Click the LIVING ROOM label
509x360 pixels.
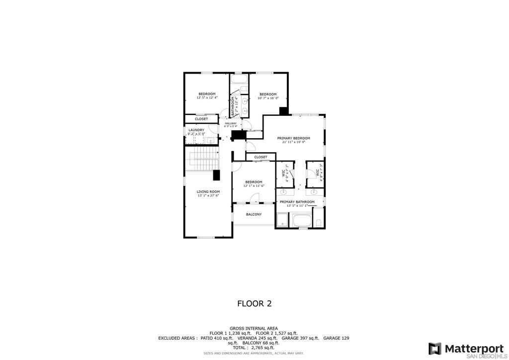click(x=208, y=191)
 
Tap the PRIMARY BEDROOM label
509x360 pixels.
click(x=293, y=138)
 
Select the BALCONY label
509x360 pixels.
click(x=254, y=214)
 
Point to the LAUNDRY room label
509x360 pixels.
click(x=196, y=130)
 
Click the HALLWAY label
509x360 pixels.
click(x=231, y=123)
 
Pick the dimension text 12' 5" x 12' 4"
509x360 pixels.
click(x=207, y=98)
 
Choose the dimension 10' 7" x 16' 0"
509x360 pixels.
click(x=268, y=98)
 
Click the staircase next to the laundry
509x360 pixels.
click(x=202, y=159)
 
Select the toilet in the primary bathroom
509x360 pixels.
click(x=319, y=222)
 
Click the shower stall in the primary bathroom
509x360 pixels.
click(x=282, y=220)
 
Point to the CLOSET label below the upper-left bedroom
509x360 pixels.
click(x=201, y=119)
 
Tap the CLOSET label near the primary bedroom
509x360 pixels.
click(x=260, y=157)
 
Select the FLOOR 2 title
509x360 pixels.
click(x=254, y=303)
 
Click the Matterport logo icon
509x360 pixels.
click(x=434, y=348)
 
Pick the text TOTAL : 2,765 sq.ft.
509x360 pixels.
click(x=254, y=348)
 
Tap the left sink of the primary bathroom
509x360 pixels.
click(x=284, y=191)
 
